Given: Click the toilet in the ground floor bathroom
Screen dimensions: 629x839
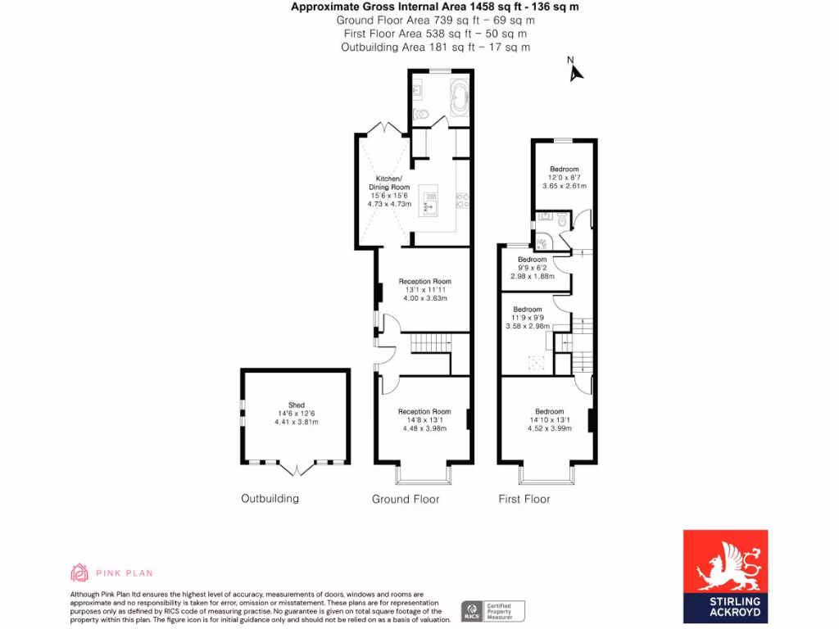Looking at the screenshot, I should pos(419,114).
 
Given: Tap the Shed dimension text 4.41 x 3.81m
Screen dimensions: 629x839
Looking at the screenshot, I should pos(296,423).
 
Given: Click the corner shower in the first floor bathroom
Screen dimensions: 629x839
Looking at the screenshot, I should pos(542,242).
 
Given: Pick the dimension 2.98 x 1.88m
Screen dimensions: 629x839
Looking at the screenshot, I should pos(532,277).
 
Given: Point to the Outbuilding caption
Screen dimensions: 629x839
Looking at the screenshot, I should pos(270,498).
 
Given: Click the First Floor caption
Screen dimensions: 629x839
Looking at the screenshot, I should pos(524,499).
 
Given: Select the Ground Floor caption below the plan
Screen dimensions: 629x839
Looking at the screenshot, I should pos(406,499).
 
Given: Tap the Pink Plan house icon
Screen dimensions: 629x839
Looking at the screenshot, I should pos(79,572).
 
